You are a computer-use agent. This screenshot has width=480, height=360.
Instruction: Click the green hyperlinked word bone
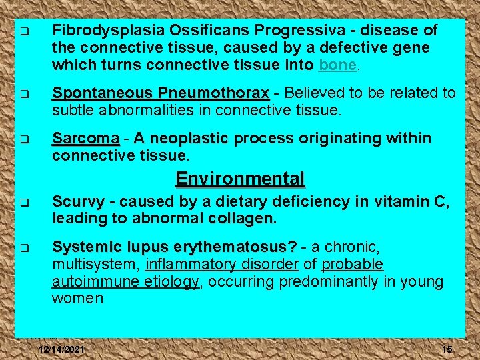[x=339, y=65]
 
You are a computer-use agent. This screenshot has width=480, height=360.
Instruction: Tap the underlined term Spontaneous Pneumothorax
[x=161, y=93]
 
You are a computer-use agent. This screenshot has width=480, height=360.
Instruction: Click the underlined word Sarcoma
[x=85, y=139]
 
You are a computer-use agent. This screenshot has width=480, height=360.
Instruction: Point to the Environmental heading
[x=240, y=179]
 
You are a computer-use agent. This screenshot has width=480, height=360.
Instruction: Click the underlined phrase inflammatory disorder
[x=221, y=265]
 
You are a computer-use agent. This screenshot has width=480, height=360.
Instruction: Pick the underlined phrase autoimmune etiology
[x=125, y=282]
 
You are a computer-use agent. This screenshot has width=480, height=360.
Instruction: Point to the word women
[x=77, y=299]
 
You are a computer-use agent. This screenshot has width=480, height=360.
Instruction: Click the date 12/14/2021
[x=61, y=351]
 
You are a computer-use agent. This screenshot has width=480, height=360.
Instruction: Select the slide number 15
[x=446, y=351]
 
